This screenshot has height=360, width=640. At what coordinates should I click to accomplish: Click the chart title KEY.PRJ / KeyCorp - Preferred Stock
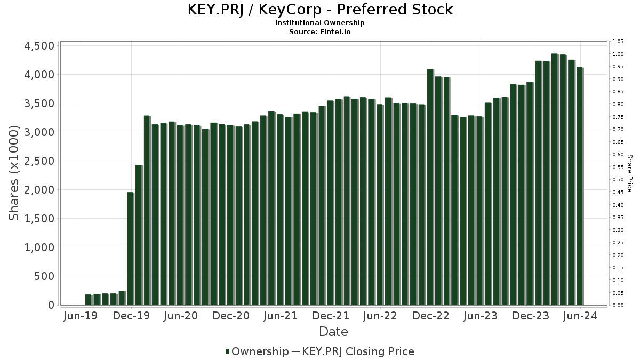(320, 10)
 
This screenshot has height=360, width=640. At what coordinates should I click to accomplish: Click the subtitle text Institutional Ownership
(320, 23)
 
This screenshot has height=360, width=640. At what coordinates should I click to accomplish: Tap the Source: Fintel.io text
(320, 31)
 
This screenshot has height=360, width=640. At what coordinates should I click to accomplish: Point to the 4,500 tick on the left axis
(39, 46)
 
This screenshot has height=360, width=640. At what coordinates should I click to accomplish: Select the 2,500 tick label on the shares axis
(39, 161)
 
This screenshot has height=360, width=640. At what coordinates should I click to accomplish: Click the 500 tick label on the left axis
(45, 276)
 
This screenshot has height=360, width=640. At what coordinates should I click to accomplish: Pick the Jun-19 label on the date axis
(81, 316)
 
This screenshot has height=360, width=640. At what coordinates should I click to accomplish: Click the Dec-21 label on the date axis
(331, 316)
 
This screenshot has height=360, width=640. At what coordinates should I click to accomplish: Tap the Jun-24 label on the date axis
(580, 316)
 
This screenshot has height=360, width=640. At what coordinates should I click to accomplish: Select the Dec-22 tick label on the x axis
(430, 316)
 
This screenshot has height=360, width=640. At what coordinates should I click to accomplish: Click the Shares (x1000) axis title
(14, 173)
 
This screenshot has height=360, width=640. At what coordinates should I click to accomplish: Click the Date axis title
(333, 332)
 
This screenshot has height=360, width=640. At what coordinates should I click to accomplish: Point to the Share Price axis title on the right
(629, 173)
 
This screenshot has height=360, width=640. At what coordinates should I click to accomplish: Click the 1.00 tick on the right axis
(618, 54)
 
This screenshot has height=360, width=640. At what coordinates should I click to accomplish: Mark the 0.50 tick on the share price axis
(618, 180)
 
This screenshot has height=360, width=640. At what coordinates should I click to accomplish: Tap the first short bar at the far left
(88, 300)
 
